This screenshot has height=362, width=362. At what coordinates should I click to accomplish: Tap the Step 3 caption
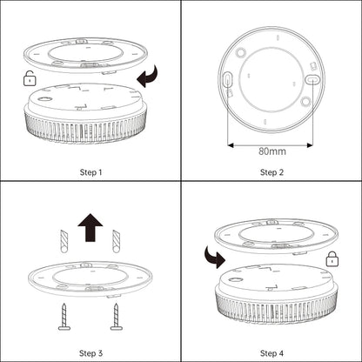click(x=90, y=352)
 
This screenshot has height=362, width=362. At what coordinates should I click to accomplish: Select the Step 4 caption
click(x=271, y=352)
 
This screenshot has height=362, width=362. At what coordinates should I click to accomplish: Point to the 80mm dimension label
click(x=271, y=151)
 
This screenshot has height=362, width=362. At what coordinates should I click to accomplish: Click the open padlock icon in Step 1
click(x=31, y=79)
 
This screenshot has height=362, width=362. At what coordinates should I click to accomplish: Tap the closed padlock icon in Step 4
click(x=332, y=258)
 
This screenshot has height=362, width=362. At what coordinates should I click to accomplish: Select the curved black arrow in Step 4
click(x=213, y=257)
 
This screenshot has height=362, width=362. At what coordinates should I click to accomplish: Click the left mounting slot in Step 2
click(x=228, y=80)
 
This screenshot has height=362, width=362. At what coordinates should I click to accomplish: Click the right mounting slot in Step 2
click(x=313, y=79)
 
